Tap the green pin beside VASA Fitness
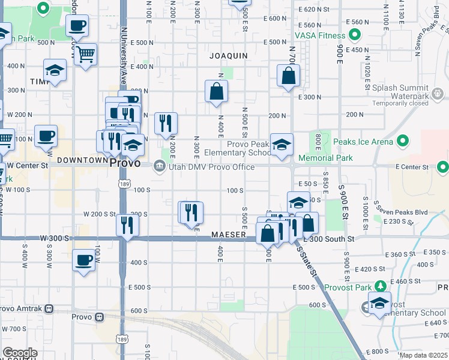(355, 35)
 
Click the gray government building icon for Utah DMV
(159, 166)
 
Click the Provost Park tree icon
(379, 286)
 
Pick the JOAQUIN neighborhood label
(228, 56)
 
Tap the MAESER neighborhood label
(228, 235)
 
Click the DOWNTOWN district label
(83, 160)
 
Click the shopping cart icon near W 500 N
(86, 55)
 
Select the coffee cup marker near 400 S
(84, 260)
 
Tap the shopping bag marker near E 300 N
(289, 76)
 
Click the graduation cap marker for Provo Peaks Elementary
(282, 145)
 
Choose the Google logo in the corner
(20, 353)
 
